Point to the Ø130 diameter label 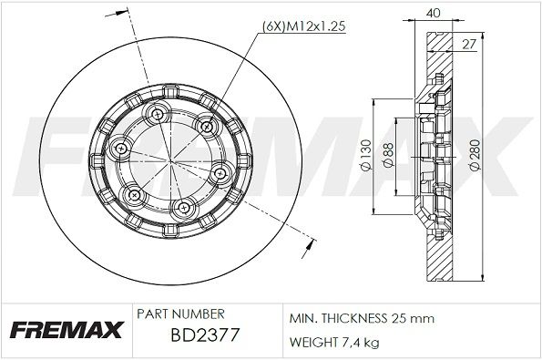pyautogui.click(x=364, y=156)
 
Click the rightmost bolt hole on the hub pyautogui.click(x=220, y=173)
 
